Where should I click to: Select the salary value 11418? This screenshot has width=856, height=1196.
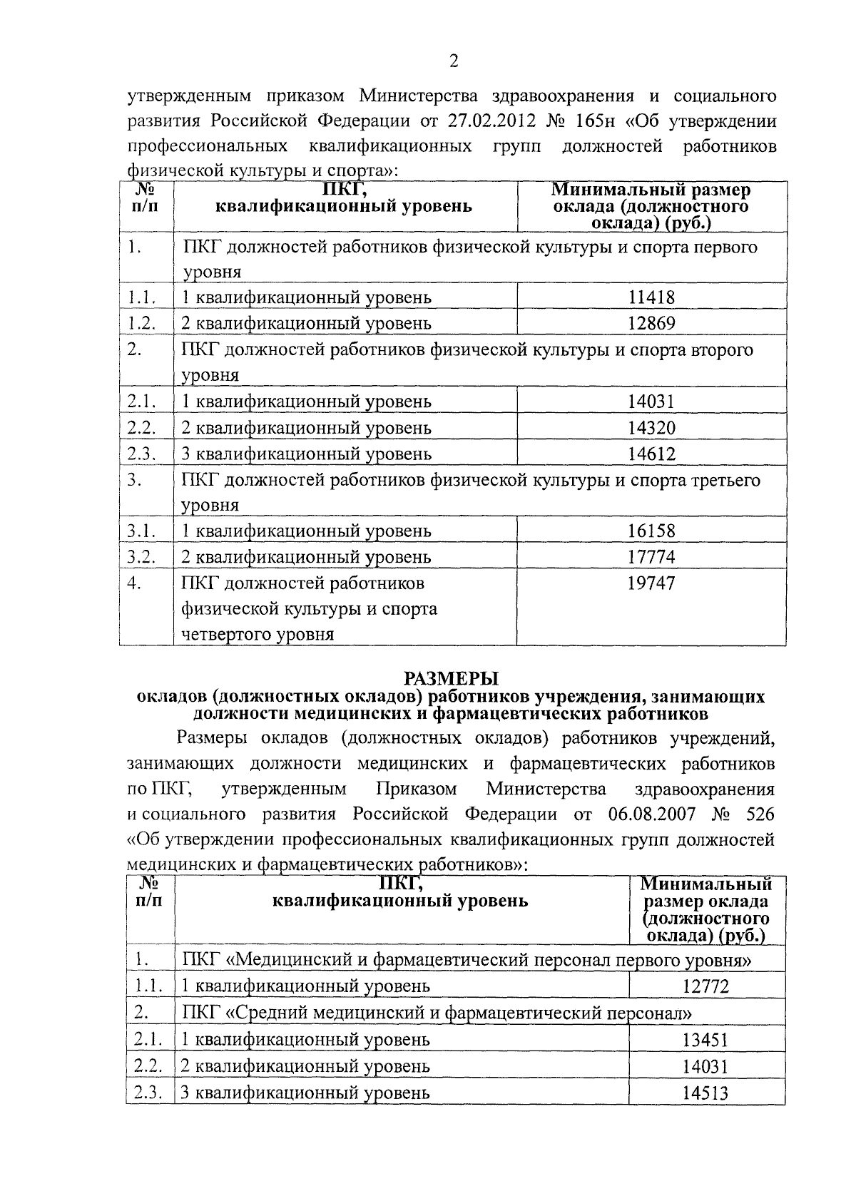tap(651, 297)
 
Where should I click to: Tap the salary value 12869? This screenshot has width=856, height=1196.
tap(651, 323)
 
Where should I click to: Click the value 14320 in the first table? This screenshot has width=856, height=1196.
tap(651, 427)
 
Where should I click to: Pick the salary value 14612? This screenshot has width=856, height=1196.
tap(651, 454)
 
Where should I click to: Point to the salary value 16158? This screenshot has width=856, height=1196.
tap(651, 531)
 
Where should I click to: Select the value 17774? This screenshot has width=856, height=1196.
tap(651, 557)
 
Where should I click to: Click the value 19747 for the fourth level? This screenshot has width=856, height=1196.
tap(651, 583)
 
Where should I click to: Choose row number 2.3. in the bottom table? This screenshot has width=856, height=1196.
tap(148, 1092)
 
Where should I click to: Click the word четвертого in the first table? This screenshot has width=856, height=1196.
tap(225, 635)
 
